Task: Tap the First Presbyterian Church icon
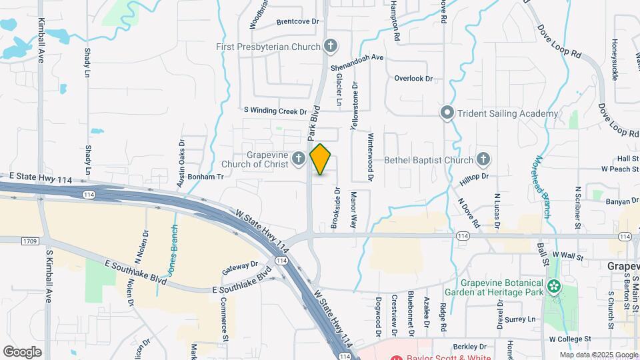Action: point(329,46)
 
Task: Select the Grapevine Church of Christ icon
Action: point(299,159)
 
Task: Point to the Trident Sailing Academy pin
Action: point(447,113)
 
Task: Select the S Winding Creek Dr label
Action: point(275,111)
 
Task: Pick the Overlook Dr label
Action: point(413,79)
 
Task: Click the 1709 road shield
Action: point(29,240)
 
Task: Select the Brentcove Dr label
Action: point(297,21)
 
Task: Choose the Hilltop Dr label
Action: point(475,176)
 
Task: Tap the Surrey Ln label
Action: point(520,319)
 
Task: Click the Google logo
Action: point(23,351)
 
